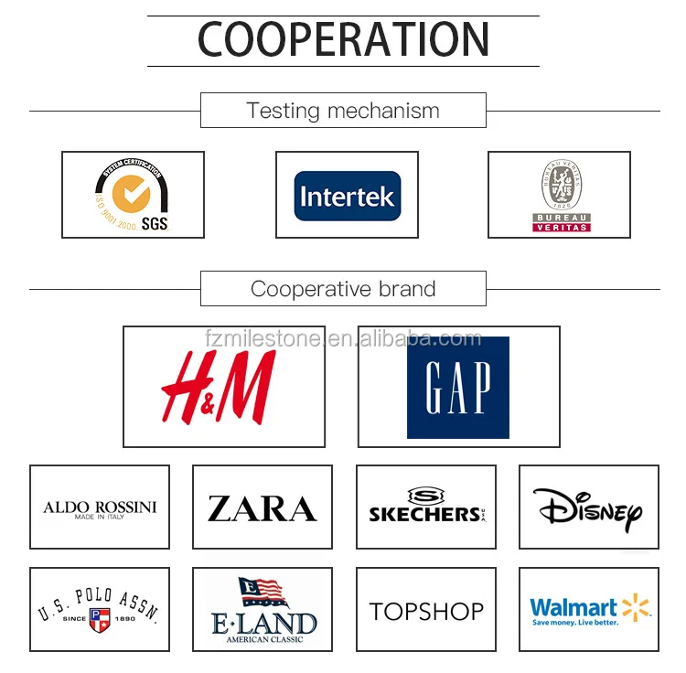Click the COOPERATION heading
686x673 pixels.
[343, 40]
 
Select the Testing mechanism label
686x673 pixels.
[343, 112]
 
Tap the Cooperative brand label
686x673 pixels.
[343, 290]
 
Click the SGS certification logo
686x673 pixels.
[133, 195]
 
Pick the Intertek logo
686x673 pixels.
[347, 196]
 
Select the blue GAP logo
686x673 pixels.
[457, 387]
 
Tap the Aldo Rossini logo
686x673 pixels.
[100, 508]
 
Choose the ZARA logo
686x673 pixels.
[262, 508]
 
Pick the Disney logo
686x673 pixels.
[587, 508]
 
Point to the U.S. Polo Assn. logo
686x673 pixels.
[100, 610]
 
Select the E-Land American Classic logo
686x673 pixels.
[262, 611]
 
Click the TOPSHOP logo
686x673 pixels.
[426, 611]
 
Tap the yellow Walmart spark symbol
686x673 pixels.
[636, 606]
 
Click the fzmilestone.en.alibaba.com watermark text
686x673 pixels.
[343, 339]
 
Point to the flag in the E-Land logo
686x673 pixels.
[263, 593]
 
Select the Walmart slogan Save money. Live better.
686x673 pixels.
[574, 623]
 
